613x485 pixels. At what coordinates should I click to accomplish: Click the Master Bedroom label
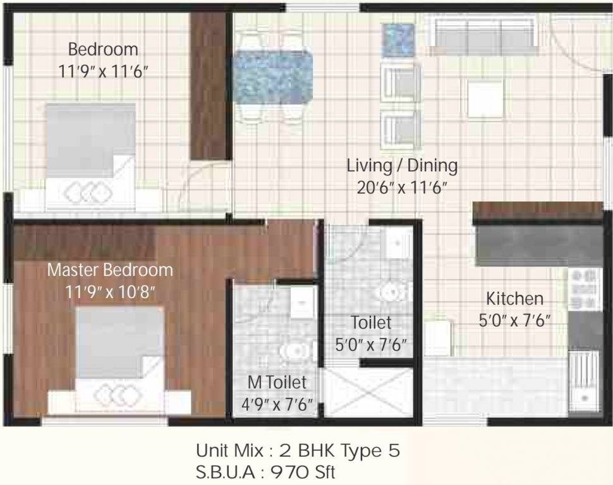[x=110, y=270]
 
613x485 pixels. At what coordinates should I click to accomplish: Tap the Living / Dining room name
[x=402, y=166]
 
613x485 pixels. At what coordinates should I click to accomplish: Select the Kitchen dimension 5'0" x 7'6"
[x=514, y=320]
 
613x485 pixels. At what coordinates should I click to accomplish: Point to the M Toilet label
[x=277, y=382]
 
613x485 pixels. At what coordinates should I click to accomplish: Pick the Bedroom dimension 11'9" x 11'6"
[x=103, y=71]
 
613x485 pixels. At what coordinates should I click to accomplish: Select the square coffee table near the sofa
[x=486, y=99]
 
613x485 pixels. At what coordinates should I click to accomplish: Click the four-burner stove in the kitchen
[x=584, y=289]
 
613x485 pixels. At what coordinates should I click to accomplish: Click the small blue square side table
[x=398, y=40]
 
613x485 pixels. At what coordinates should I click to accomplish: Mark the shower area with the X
[x=368, y=393]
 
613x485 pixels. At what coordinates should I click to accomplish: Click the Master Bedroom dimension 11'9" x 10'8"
[x=110, y=292]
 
